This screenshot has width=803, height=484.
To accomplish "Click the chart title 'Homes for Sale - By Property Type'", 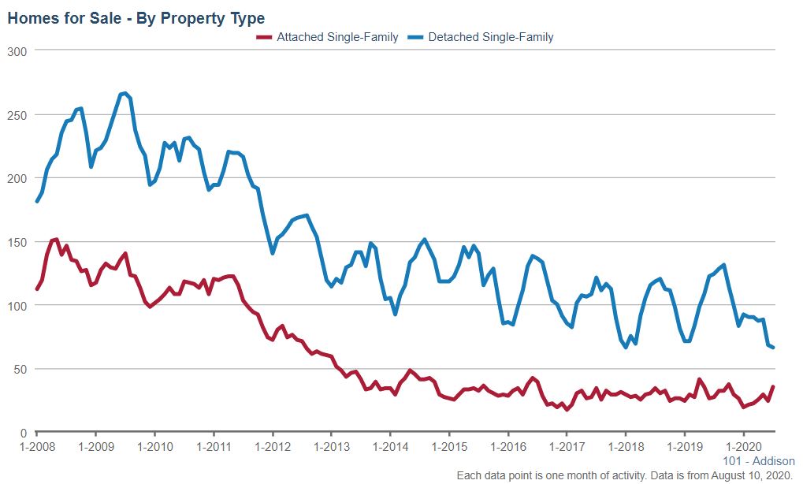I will [x=136, y=18].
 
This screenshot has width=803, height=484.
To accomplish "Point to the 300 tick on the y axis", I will [x=17, y=51].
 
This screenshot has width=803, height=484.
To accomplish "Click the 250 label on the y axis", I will [x=17, y=115].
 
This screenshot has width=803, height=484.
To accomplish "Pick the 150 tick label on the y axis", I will [x=17, y=242].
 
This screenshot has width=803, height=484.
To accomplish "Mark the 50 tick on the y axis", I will [x=20, y=369].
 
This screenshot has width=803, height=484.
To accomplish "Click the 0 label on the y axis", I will [x=24, y=433].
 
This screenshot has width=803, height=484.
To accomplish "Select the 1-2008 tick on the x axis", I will [x=37, y=447].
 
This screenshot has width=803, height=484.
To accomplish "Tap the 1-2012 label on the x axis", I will [x=273, y=447].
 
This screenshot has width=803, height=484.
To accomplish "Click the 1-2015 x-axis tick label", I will [x=449, y=447].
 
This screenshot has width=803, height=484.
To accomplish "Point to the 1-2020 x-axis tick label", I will [x=743, y=447].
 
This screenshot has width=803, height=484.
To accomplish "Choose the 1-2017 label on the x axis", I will [x=567, y=447].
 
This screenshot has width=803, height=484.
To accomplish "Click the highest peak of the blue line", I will [x=125, y=93].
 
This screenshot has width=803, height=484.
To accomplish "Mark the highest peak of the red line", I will [x=56, y=239].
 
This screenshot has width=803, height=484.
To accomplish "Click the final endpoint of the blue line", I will [x=773, y=348].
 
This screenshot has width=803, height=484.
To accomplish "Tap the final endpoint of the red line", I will [x=773, y=386].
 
